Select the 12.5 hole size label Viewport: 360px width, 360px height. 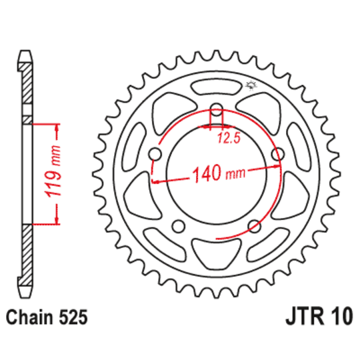227,139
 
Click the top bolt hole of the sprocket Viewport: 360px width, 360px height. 217,111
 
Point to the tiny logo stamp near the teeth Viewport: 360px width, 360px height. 252,85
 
